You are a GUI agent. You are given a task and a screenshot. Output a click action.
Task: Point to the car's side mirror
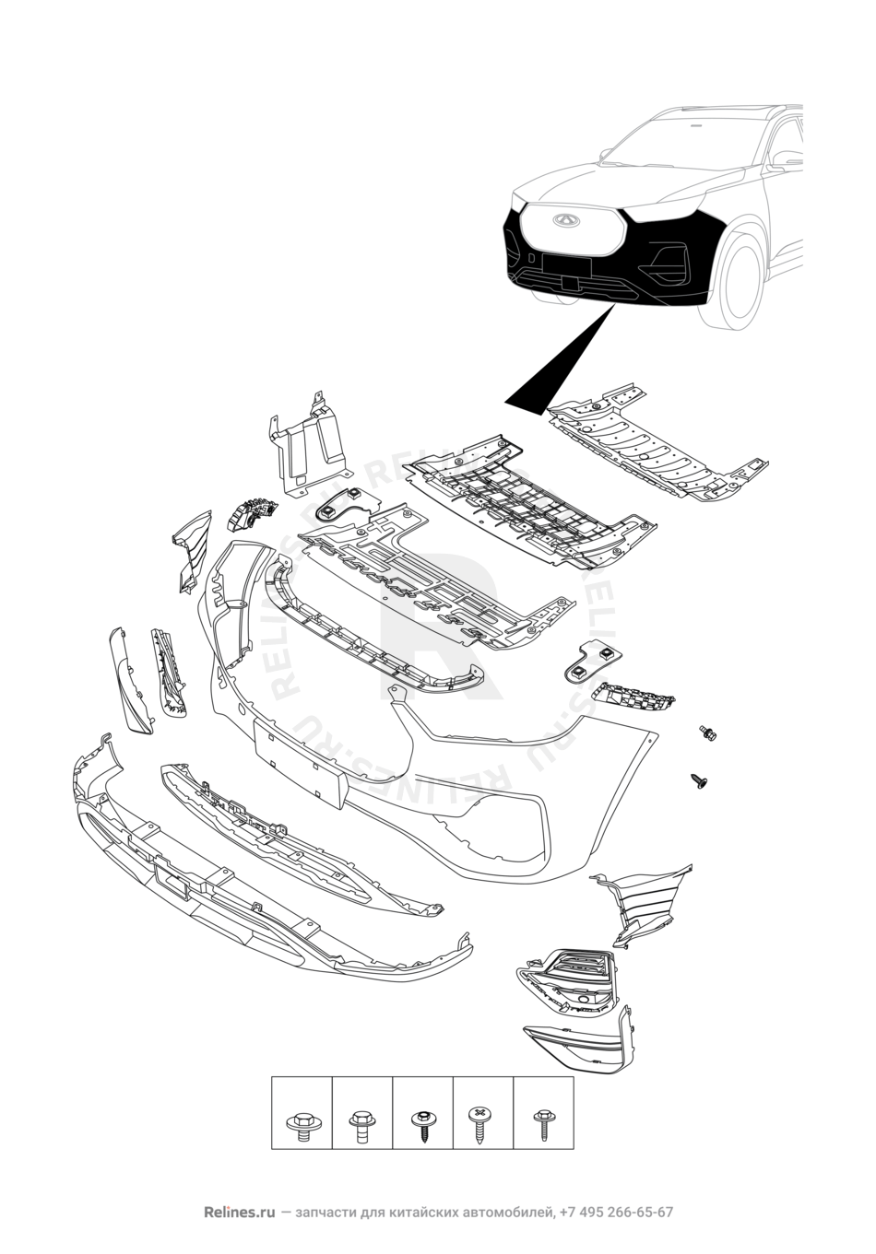coord(786,159)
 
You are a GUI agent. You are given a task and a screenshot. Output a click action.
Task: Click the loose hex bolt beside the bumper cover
coord(708,732)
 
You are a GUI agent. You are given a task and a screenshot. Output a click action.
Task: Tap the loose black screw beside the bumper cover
coord(700,779)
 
